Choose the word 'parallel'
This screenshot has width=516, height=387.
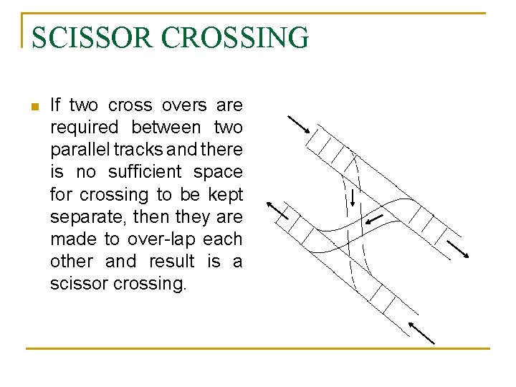click(x=79, y=150)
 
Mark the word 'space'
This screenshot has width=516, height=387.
click(x=219, y=172)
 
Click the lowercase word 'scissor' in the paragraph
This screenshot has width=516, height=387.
click(x=78, y=283)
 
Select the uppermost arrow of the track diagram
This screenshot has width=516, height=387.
click(x=298, y=125)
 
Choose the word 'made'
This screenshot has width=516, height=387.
click(x=70, y=239)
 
